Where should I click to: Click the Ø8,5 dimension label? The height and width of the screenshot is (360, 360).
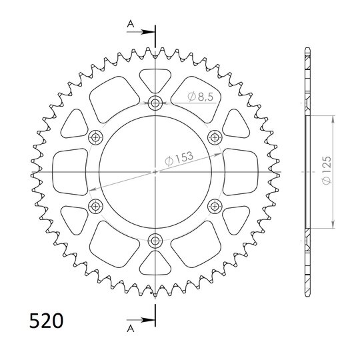coord(200,97)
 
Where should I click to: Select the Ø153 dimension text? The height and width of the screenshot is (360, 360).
coord(179,158)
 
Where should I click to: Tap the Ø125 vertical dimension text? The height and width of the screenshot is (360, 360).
coord(326,170)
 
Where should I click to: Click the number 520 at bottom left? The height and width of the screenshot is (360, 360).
coord(46,321)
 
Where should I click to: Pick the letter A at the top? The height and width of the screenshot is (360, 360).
coord(131,23)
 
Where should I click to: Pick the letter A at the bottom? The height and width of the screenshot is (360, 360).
coord(131,329)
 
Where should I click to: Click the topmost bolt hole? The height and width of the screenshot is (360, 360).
coord(155,103)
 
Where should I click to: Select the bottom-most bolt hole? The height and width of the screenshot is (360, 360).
coord(155,241)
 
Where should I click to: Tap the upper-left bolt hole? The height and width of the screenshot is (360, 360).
coord(95,138)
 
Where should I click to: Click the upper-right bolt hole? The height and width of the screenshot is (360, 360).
coord(215,138)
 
